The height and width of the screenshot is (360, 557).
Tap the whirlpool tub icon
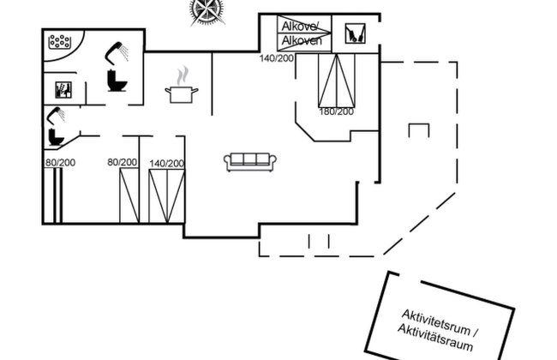click(60, 40)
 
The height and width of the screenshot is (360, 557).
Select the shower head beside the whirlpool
click(115, 54)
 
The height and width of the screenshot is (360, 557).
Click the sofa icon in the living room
click(250, 161)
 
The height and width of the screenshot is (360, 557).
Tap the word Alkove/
click(299, 26)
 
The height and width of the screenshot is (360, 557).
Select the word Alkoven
click(301, 39)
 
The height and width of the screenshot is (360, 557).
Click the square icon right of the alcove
click(354, 33)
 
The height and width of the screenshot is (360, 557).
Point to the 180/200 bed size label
click(336, 111)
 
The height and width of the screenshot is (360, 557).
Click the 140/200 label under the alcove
click(276, 57)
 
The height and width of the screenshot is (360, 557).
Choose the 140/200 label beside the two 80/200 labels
click(167, 163)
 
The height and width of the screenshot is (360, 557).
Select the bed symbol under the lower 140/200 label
click(166, 195)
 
